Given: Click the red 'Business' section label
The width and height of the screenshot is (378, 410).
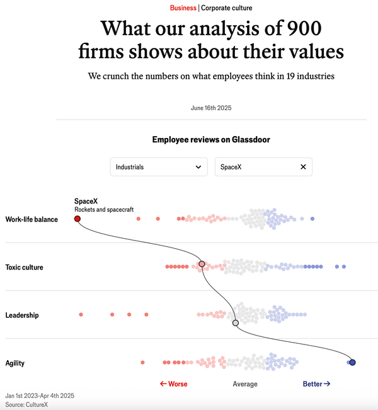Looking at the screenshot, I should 183,8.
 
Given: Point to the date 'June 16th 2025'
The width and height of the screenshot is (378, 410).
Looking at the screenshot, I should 211,108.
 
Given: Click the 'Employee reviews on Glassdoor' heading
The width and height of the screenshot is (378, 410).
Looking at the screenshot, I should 211,139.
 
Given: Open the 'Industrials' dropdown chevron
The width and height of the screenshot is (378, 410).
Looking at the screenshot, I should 198,167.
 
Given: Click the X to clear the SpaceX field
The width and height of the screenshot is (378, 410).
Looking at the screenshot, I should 303,167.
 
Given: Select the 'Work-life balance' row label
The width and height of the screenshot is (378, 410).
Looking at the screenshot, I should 31,219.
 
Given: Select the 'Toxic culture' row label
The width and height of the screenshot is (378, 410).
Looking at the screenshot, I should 25,267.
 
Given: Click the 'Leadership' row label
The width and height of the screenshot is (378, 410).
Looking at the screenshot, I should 22,315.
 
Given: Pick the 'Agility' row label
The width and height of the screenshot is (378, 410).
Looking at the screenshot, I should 15,363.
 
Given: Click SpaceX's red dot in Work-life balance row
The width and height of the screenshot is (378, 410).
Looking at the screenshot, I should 77,219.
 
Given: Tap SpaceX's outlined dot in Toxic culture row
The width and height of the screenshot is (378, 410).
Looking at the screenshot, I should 202,265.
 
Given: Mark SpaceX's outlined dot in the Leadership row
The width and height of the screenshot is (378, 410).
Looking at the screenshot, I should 236,322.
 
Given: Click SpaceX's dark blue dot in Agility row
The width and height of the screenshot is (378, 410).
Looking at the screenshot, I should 352,362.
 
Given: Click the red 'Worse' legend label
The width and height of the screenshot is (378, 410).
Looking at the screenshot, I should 174,384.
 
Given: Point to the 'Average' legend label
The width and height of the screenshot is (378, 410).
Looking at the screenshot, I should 245,384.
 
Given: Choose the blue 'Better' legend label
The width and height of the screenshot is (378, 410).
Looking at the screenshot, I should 316,384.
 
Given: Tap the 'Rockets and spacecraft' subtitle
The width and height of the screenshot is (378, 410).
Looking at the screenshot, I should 104,209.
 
